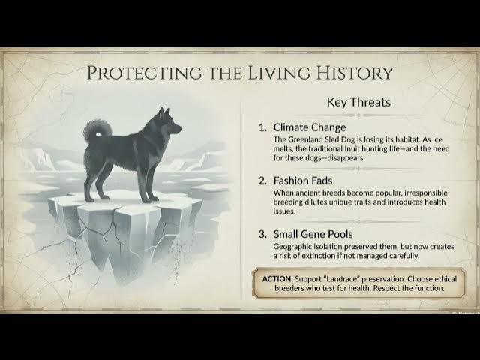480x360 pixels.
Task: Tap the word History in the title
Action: (352, 73)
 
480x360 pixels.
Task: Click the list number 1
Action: (262, 127)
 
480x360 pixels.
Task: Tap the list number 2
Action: (262, 181)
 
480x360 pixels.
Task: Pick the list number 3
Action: (262, 234)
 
